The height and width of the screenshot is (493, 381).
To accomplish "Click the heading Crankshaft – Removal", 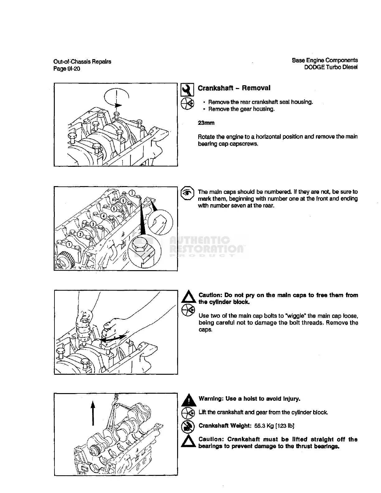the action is tap(234, 88).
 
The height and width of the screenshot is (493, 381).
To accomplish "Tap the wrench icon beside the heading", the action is tap(187, 90).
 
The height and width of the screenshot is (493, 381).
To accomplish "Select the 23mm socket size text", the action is tap(206, 123).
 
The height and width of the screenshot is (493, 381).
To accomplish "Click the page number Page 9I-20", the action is tap(67, 69).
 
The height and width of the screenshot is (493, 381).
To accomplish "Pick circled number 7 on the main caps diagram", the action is tap(132, 193).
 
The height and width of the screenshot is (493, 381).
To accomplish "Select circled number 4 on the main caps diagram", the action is tap(104, 216).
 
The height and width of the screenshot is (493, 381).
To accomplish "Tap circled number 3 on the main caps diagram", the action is tap(93, 224).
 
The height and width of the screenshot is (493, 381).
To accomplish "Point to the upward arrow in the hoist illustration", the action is tap(93, 412).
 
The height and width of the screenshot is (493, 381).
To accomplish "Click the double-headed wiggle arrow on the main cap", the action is tap(114, 339).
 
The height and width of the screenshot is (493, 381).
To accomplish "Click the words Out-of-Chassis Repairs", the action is tap(82, 62).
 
